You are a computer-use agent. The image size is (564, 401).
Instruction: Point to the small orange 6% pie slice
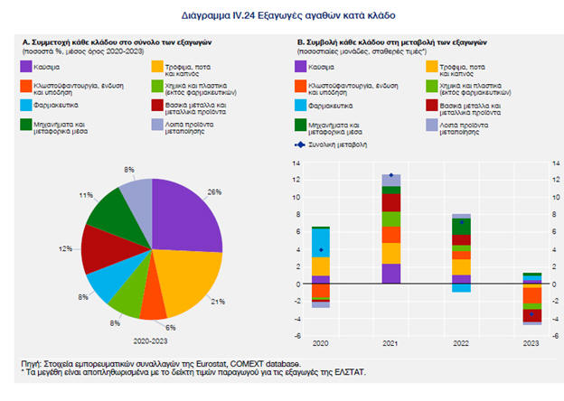[x=154, y=305]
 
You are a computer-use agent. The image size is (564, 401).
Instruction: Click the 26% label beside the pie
[x=214, y=192]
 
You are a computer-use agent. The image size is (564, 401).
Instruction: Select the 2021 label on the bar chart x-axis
[x=391, y=344]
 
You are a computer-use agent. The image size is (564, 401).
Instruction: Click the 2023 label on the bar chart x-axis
[x=532, y=344]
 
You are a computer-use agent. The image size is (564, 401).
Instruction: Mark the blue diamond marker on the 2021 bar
[x=391, y=175]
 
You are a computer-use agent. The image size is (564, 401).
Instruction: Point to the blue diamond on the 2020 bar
[x=321, y=249]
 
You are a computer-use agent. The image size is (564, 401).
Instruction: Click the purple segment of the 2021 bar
[x=391, y=273]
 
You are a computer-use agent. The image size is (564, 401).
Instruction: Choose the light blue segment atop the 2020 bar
[x=321, y=241]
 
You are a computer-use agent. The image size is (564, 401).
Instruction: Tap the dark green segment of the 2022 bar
[x=462, y=226]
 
